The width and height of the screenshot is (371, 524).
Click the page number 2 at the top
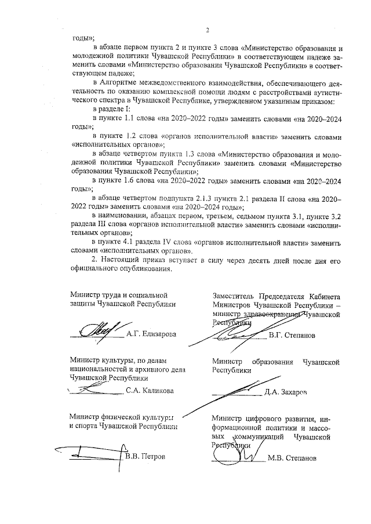[x=206, y=30]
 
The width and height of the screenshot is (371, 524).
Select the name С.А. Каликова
[x=150, y=391]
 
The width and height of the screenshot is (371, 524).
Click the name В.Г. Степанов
[x=292, y=335]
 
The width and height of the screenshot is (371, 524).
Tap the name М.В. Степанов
[x=293, y=457]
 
